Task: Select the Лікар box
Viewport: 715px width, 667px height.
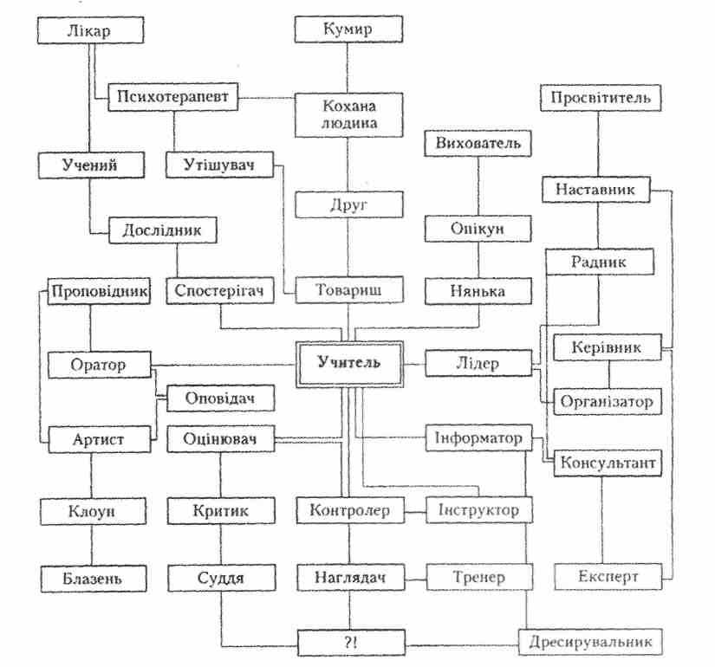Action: click(x=89, y=31)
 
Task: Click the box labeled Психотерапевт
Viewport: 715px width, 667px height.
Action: click(x=173, y=96)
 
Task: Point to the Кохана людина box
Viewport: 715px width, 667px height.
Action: click(x=348, y=114)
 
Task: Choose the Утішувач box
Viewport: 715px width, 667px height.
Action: click(x=218, y=163)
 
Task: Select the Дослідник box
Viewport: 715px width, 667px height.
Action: click(x=162, y=230)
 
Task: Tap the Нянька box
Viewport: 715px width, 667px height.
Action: click(x=478, y=291)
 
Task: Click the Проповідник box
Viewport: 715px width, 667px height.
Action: click(x=99, y=291)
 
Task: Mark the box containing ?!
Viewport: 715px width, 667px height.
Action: click(x=349, y=644)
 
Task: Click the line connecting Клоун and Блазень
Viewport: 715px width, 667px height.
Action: click(x=90, y=543)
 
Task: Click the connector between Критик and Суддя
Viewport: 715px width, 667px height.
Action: click(x=220, y=543)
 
